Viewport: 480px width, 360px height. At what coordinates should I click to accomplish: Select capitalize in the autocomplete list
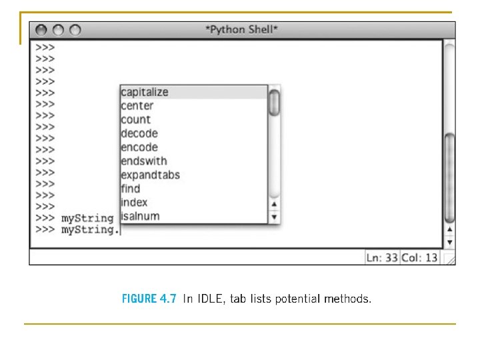tap(145, 92)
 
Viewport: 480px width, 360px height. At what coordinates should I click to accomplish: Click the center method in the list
tap(137, 106)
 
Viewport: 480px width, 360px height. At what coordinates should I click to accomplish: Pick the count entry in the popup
tap(136, 120)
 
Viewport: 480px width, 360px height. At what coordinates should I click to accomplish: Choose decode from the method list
tap(139, 133)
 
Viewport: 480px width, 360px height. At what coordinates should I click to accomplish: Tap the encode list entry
tap(139, 147)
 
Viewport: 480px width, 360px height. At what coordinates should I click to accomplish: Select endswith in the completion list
tap(144, 161)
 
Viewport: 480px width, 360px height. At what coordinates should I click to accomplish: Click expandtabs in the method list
tap(150, 175)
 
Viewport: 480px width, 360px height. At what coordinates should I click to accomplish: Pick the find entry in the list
tap(131, 189)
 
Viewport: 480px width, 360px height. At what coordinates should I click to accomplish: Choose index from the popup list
tap(134, 203)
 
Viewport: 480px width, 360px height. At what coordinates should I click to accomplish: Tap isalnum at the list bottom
tap(140, 216)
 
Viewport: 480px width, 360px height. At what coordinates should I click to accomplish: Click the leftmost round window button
tap(41, 30)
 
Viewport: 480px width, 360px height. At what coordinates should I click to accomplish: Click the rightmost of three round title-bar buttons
tap(75, 30)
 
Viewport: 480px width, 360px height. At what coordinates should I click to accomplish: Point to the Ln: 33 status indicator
tap(382, 257)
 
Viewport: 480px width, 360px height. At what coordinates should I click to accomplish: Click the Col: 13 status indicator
tap(419, 257)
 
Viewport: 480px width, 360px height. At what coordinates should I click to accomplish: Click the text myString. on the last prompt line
tap(90, 230)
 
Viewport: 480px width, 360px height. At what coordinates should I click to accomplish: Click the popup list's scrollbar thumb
tap(274, 103)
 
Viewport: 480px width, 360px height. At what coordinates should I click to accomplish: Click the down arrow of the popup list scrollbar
tap(274, 217)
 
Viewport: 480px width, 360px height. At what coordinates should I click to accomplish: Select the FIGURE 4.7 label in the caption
tap(149, 299)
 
